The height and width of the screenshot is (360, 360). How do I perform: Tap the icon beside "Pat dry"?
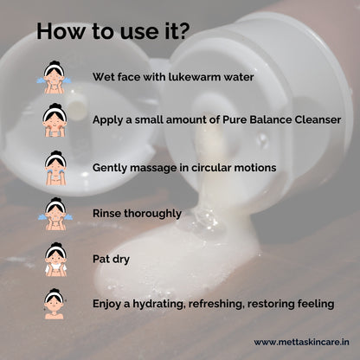55,258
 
